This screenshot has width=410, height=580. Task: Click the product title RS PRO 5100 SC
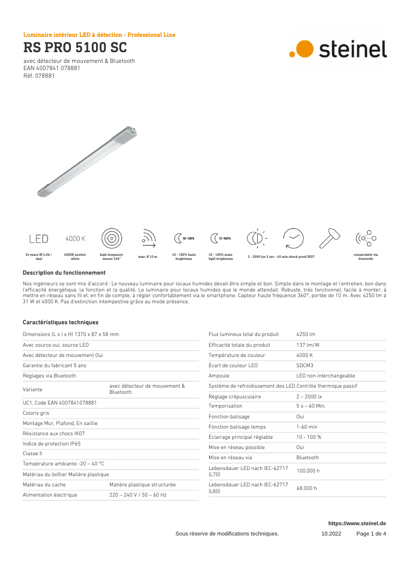tap(75, 48)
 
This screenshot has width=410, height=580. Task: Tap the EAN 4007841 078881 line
tap(52, 68)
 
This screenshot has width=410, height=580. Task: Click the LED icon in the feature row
tap(39, 238)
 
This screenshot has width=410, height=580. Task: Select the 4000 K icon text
tap(75, 238)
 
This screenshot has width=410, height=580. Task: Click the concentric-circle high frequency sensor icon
tap(111, 238)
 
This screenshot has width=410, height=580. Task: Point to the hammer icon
tap(329, 237)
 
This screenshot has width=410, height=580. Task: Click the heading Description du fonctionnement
tap(64, 273)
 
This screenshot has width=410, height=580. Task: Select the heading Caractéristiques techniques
tap(60, 322)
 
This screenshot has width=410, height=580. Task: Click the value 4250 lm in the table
tap(306, 334)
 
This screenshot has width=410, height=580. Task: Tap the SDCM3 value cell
tap(305, 365)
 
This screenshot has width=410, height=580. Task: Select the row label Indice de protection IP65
tap(52, 443)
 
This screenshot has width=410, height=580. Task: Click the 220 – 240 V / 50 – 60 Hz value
tap(138, 495)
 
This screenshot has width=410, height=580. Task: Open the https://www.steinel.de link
tap(357, 523)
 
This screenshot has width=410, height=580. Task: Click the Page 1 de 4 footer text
tap(371, 533)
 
